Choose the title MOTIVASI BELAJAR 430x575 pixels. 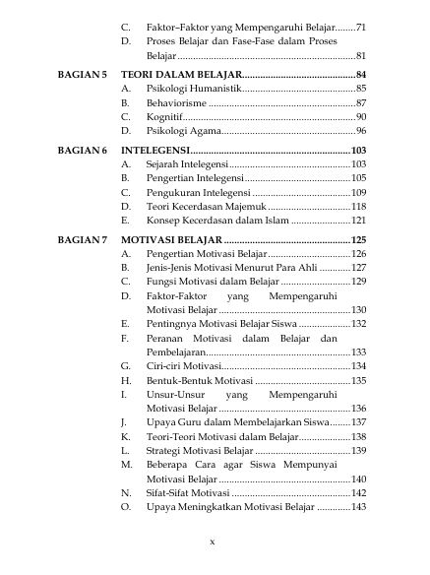point(171,239)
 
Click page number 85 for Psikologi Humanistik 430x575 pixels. point(360,90)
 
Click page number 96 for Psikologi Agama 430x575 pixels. point(360,131)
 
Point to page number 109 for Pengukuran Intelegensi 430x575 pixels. point(358,192)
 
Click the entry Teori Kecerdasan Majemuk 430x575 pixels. point(204,207)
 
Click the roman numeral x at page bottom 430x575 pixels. point(212,542)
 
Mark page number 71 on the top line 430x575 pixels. point(360,27)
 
